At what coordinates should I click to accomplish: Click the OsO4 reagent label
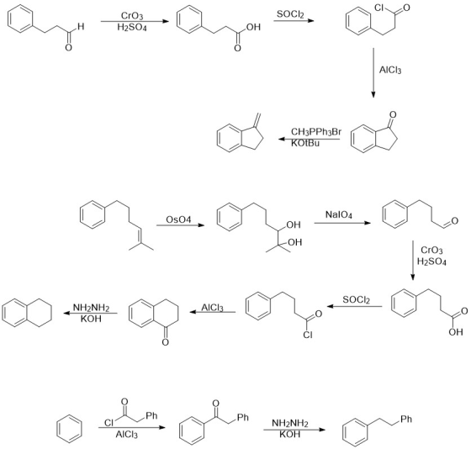(178, 219)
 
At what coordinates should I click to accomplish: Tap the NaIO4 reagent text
(338, 214)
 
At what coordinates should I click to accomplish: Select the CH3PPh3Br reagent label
(316, 132)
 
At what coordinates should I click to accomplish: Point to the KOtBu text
(304, 143)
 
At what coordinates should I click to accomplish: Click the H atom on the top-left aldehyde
(81, 27)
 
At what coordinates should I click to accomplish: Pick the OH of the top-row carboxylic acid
(253, 28)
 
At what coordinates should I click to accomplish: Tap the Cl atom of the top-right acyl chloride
(379, 8)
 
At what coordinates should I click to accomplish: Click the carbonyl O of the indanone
(393, 114)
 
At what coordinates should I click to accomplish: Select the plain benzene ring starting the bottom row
(69, 429)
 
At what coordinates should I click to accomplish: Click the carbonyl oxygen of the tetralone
(165, 342)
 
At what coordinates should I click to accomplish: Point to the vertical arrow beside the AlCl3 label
(373, 72)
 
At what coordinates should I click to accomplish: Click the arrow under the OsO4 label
(180, 225)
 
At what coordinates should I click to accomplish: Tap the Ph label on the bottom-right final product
(405, 419)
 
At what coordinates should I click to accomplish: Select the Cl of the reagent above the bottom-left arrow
(108, 423)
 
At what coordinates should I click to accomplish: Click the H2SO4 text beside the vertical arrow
(431, 261)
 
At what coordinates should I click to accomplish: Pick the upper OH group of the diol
(294, 225)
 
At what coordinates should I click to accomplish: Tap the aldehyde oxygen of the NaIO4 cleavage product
(454, 221)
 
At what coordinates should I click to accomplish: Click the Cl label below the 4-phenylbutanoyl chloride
(308, 335)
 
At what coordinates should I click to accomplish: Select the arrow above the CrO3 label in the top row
(135, 21)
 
